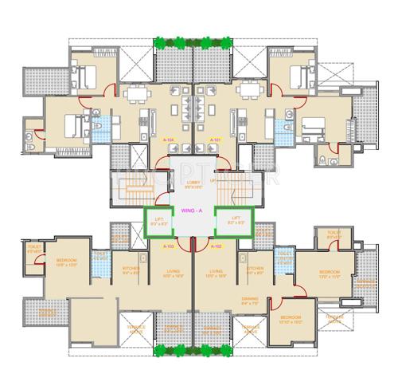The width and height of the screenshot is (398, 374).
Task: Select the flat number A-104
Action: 169,141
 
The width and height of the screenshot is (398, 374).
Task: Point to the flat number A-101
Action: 214,141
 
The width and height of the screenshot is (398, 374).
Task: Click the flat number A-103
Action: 169,247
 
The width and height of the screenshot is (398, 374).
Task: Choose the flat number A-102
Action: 214,247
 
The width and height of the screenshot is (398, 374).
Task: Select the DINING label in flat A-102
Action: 251,300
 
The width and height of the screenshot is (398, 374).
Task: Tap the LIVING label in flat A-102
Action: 216,271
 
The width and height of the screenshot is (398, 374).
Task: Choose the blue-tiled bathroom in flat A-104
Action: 100,128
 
